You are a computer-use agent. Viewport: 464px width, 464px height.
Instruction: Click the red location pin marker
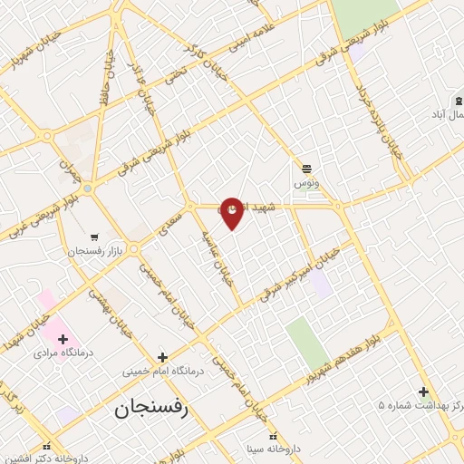pyautogui.click(x=232, y=212)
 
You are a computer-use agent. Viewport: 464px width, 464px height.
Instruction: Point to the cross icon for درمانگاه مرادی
pyautogui.click(x=63, y=338)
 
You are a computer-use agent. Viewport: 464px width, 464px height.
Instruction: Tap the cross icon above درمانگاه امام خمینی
pyautogui.click(x=163, y=356)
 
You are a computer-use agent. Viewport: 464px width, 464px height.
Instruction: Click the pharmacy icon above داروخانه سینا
pyautogui.click(x=273, y=433)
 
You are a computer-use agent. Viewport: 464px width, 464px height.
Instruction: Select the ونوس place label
pyautogui.click(x=305, y=183)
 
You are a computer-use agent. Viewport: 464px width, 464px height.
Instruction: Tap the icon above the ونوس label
pyautogui.click(x=306, y=168)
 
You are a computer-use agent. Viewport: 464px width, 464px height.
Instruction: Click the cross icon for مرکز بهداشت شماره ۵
pyautogui.click(x=423, y=391)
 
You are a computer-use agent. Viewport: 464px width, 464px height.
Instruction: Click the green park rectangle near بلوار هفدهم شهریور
pyautogui.click(x=307, y=343)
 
